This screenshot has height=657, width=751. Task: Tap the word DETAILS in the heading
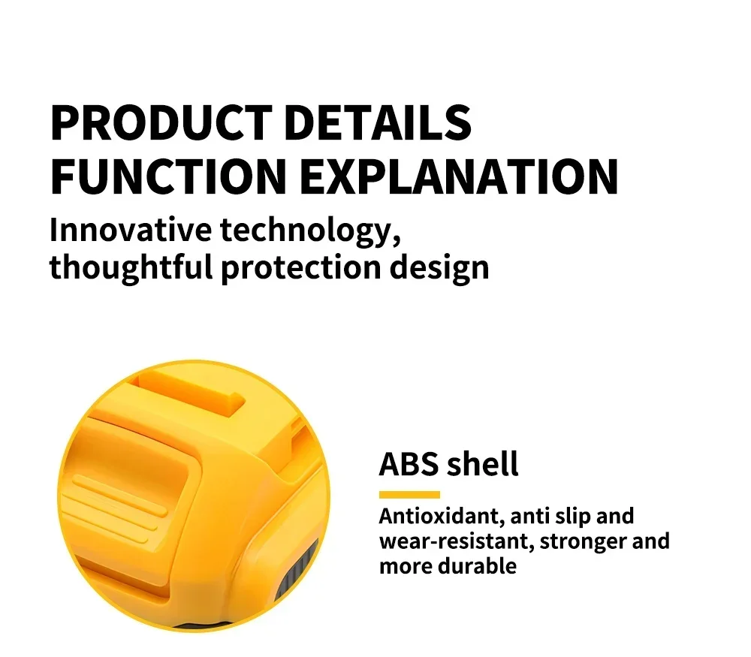tap(377, 123)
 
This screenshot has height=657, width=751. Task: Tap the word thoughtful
tap(131, 267)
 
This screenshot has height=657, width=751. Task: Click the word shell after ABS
tap(483, 464)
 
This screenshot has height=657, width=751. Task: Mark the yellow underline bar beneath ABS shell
tap(409, 495)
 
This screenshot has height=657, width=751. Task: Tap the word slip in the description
tap(572, 517)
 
